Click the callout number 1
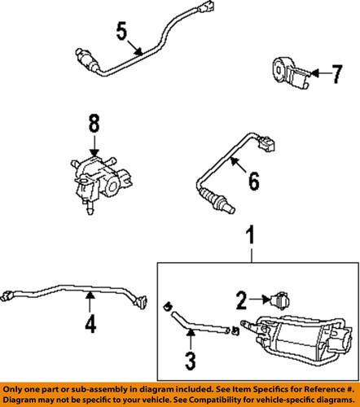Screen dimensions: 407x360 coord(251,238)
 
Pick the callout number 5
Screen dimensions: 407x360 coord(122,34)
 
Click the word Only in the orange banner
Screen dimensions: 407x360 coord(16,389)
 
